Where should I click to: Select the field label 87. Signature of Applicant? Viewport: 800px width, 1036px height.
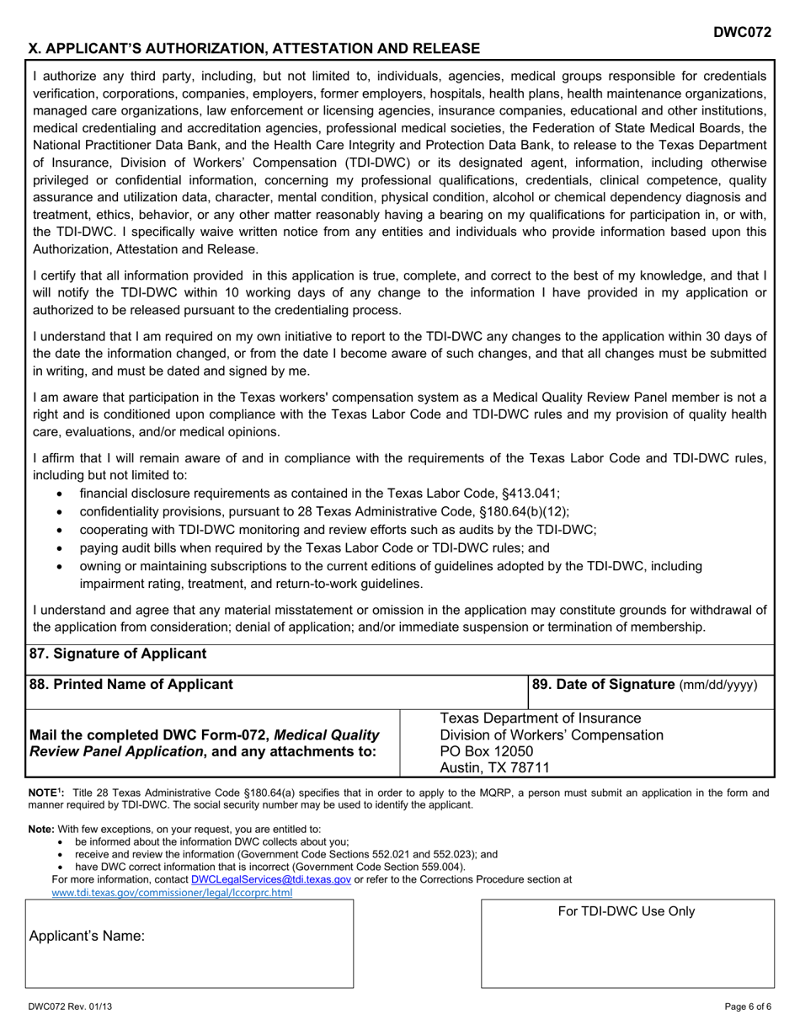[117, 654]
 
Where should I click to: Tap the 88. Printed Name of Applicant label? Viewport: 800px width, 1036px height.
[131, 684]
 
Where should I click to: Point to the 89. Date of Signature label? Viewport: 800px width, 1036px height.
[644, 685]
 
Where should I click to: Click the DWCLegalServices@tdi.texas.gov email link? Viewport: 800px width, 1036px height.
[270, 878]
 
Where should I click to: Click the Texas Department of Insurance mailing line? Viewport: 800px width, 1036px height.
[540, 718]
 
